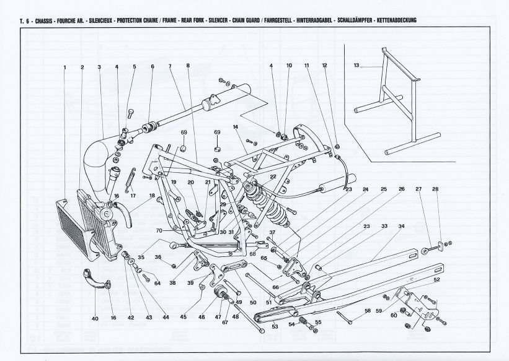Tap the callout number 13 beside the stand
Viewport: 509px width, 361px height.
point(356,65)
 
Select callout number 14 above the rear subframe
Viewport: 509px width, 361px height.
point(236,127)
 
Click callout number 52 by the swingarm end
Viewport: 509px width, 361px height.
point(437,280)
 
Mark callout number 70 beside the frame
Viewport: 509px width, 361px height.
point(159,230)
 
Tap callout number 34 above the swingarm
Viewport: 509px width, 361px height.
point(401,226)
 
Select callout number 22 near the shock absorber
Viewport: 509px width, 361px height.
point(272,176)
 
